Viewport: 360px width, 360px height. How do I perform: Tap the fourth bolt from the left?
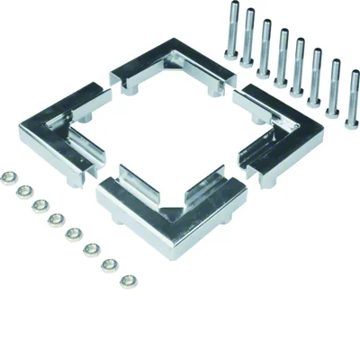click(x=283, y=61)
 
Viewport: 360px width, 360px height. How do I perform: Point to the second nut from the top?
click(x=25, y=191)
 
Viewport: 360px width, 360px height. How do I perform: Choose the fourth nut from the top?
click(x=56, y=219)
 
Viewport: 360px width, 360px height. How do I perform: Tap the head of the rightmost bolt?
click(x=353, y=73)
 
